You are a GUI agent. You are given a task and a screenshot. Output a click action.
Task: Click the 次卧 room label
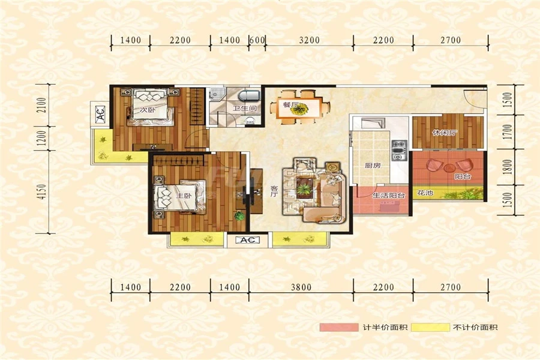(148, 110)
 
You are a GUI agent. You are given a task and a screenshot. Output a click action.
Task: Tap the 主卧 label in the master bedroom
(184, 196)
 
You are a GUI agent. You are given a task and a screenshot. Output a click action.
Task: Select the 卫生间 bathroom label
(245, 109)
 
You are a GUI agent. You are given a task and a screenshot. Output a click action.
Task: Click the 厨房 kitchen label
(372, 166)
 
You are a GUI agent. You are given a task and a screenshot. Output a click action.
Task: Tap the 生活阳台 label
(389, 196)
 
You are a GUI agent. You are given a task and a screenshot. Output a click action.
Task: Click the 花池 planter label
(425, 193)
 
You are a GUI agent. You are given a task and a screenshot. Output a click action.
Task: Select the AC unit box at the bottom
(247, 240)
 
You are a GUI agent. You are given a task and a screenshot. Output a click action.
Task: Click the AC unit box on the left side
(100, 113)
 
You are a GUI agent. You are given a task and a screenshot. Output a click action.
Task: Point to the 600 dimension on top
(257, 40)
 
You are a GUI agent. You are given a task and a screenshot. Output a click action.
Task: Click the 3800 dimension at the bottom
(301, 287)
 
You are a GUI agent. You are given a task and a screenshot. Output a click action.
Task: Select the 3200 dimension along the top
(309, 40)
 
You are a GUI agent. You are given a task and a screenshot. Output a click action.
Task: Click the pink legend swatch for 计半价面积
(339, 327)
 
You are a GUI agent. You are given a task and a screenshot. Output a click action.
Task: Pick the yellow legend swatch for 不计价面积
(430, 327)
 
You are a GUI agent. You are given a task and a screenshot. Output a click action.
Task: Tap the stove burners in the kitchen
(399, 150)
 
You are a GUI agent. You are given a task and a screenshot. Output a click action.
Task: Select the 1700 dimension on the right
(508, 132)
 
